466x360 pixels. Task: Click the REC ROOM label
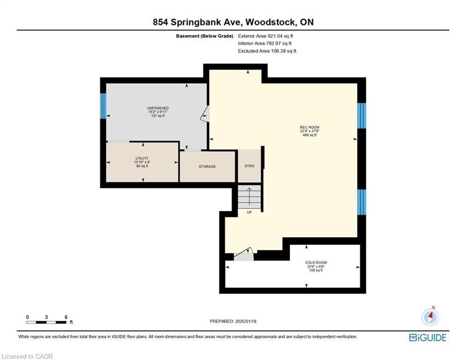tap(310, 127)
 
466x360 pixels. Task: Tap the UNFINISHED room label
tap(158, 108)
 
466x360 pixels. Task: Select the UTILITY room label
tap(142, 158)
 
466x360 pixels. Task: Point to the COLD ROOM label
tap(316, 262)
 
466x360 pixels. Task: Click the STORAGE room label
tap(207, 166)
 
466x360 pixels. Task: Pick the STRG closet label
tap(249, 166)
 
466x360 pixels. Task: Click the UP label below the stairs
tap(249, 212)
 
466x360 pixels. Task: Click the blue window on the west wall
tap(103, 106)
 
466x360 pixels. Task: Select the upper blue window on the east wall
tap(362, 116)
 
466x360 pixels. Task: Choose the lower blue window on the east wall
tap(362, 202)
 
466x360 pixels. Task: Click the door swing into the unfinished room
tap(205, 114)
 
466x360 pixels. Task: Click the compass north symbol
tap(430, 316)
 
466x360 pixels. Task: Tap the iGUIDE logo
tap(428, 337)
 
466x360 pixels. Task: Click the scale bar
tap(46, 322)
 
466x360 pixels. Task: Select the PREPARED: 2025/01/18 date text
tap(233, 321)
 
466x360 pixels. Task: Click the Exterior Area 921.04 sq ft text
tap(266, 36)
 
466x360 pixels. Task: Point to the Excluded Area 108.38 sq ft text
tap(267, 51)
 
